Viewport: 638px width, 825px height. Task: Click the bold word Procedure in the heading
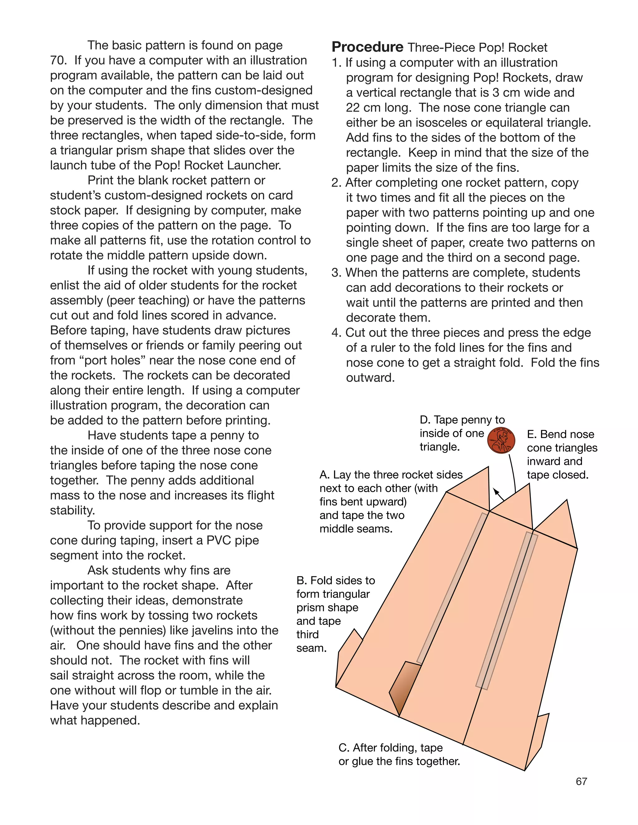367,47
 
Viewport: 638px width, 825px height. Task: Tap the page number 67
581,781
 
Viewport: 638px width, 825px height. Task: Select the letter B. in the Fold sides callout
301,580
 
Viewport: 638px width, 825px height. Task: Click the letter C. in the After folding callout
344,747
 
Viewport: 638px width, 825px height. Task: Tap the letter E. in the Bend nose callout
531,434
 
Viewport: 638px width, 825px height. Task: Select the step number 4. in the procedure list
336,333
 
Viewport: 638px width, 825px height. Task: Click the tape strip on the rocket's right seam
507,610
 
